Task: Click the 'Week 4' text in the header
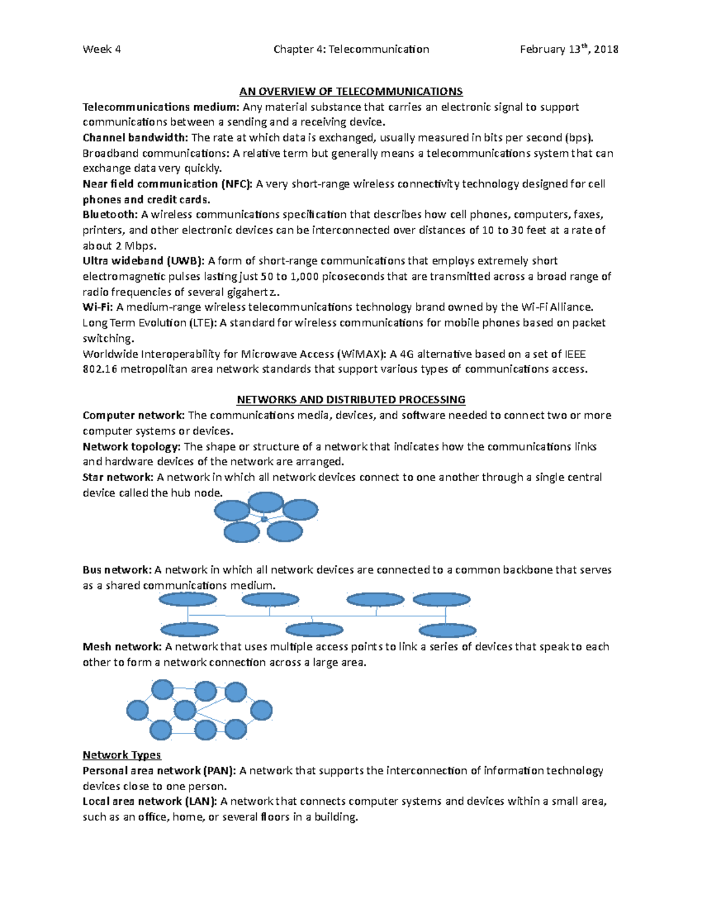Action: click(102, 49)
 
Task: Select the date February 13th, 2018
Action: click(569, 49)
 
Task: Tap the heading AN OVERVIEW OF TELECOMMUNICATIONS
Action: click(351, 91)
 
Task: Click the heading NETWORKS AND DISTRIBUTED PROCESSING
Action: click(351, 400)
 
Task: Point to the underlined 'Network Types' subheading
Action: click(122, 755)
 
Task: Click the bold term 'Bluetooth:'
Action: click(110, 214)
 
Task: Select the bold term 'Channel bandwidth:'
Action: click(135, 138)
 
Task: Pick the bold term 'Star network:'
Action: click(118, 477)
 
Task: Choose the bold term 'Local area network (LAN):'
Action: click(150, 801)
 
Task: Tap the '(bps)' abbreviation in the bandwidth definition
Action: click(579, 138)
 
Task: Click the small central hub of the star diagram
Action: click(264, 519)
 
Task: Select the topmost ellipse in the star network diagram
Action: click(266, 502)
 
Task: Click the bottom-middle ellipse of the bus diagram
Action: click(314, 630)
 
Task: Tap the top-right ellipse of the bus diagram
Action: click(442, 599)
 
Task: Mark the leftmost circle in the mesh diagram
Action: click(137, 711)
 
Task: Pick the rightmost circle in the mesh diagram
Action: click(261, 711)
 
